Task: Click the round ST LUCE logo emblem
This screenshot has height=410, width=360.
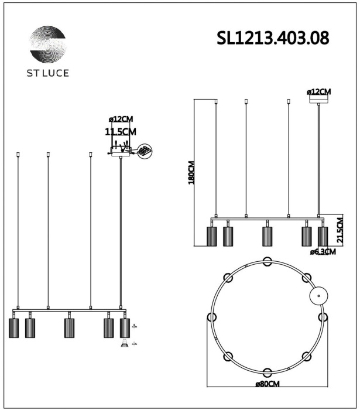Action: (x=48, y=44)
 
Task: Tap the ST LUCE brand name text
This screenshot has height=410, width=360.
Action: (x=48, y=73)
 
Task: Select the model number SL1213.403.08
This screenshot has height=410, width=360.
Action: (x=272, y=38)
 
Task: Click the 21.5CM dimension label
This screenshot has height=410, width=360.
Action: (x=340, y=229)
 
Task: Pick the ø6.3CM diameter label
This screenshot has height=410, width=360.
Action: (x=323, y=252)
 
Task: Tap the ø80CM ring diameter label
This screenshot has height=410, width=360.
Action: (x=267, y=384)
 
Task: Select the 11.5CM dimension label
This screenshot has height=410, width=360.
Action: (x=121, y=132)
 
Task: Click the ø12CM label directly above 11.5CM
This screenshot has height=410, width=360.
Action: (x=121, y=120)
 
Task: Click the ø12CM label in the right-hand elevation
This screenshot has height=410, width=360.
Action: (x=318, y=92)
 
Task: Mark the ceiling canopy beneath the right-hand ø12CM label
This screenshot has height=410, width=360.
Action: (x=318, y=100)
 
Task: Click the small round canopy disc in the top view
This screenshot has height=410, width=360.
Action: (x=318, y=296)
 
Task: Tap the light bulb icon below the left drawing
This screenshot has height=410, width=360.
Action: (x=124, y=345)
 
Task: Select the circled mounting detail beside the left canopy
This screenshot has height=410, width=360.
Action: (x=144, y=151)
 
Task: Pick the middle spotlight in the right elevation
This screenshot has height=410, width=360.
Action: (x=268, y=235)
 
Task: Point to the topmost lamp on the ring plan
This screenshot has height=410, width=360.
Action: (x=267, y=261)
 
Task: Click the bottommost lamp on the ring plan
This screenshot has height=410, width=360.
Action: (x=267, y=372)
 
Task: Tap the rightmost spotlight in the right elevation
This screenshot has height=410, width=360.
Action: (x=323, y=235)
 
